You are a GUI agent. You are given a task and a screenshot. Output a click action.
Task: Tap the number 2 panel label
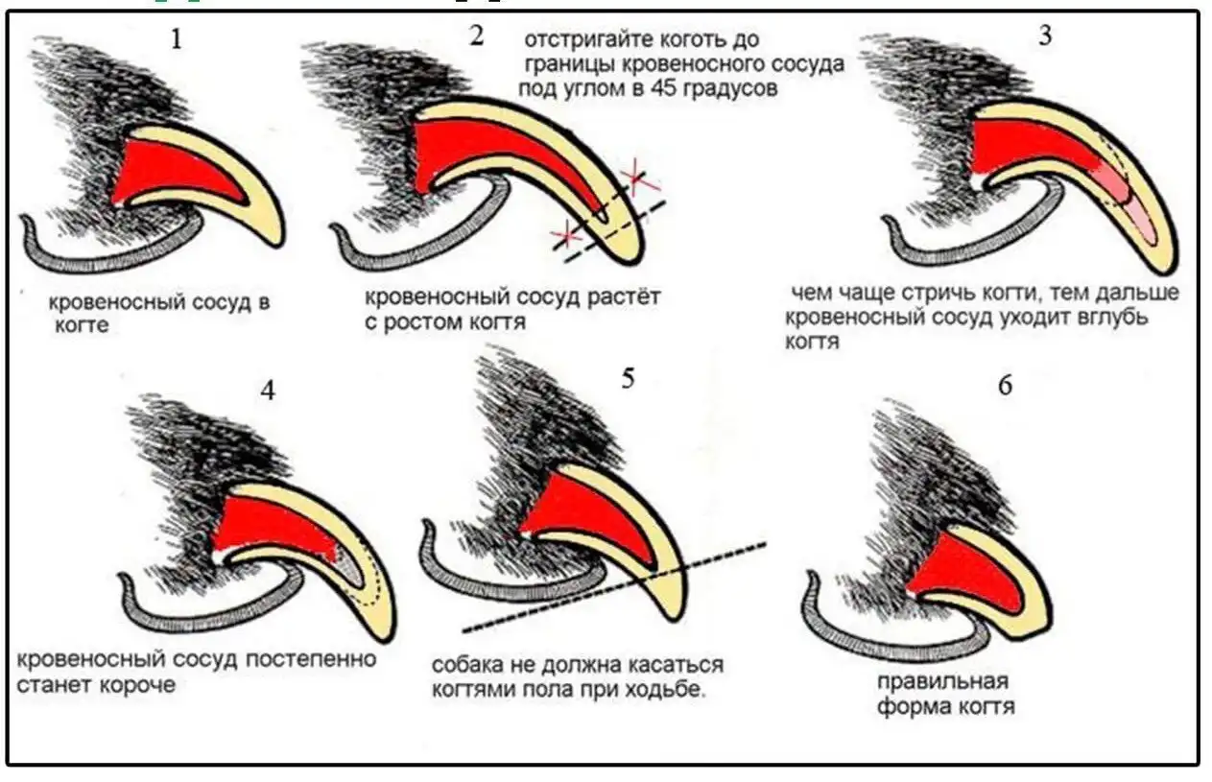pos(477,36)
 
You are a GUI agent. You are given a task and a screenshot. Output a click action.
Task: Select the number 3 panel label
pos(1045,36)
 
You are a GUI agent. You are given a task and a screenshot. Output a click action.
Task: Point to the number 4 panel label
pos(268,391)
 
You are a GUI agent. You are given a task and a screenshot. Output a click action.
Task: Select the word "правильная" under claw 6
pos(940,683)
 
